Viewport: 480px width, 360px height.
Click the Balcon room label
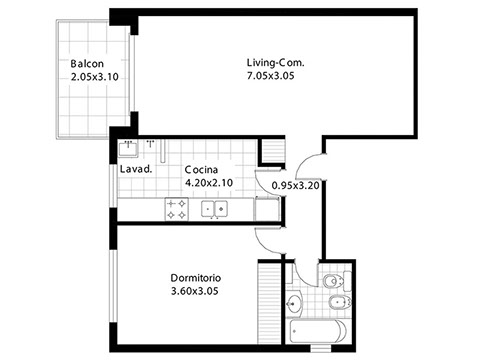tap(87, 63)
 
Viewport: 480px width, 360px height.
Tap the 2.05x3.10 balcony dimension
tap(95, 77)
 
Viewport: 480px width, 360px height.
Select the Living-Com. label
tap(275, 63)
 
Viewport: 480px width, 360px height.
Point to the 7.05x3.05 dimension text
tap(270, 76)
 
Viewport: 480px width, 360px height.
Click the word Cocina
tap(201, 170)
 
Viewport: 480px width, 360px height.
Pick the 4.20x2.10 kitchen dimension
tap(209, 183)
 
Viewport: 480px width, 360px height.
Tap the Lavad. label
tap(136, 169)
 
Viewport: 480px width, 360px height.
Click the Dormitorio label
tap(196, 278)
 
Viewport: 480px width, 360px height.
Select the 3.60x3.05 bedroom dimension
tap(195, 291)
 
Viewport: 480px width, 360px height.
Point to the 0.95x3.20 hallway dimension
tap(296, 185)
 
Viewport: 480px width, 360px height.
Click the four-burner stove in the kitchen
tap(177, 209)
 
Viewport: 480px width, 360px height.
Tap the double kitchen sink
tap(214, 209)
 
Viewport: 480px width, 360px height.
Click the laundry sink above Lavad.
tap(128, 148)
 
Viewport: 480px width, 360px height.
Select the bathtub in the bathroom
tap(318, 331)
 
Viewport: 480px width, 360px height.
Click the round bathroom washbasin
tap(294, 304)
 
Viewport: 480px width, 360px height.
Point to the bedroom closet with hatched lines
tap(269, 303)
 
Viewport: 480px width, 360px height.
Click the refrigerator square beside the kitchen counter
tap(267, 209)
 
